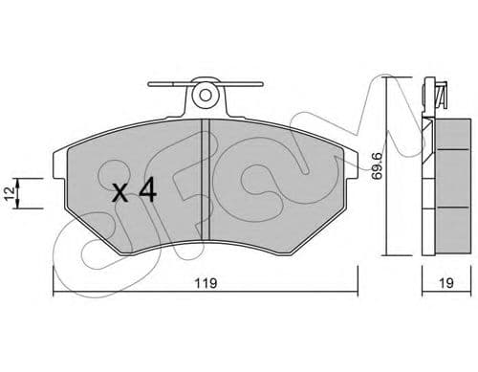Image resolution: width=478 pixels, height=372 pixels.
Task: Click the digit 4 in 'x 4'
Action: (x=146, y=191)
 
